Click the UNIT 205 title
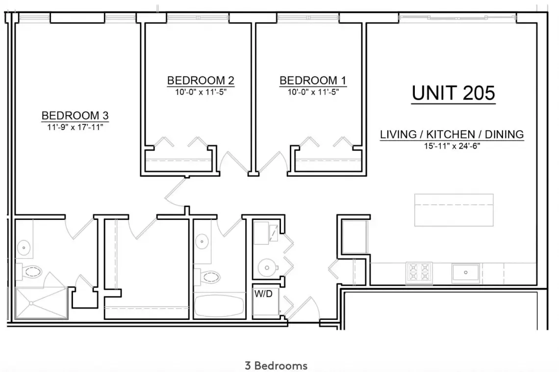click(x=453, y=93)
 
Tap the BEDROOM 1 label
click(x=313, y=80)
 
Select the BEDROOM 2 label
click(x=201, y=80)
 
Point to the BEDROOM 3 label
click(x=75, y=115)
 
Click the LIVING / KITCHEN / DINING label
click(x=452, y=134)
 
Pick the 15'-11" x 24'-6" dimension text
click(x=452, y=146)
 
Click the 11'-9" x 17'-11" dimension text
click(x=75, y=127)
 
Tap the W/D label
click(x=263, y=293)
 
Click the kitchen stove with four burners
click(x=419, y=273)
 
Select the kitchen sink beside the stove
click(x=466, y=273)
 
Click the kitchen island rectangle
click(x=454, y=210)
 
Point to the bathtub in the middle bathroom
click(x=219, y=306)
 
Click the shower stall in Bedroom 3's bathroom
click(x=42, y=303)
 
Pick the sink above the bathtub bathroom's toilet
click(x=202, y=241)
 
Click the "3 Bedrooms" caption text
click(x=276, y=366)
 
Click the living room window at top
click(x=457, y=17)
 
